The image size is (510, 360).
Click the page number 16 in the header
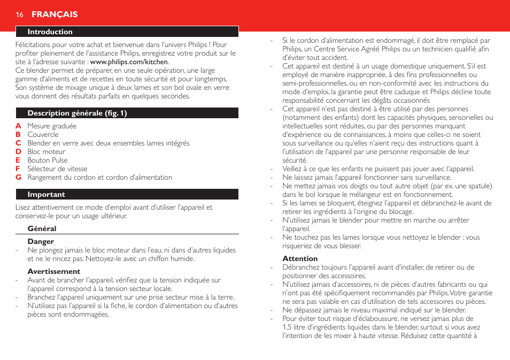pos(20,14)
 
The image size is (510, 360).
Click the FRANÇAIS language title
pos(55,14)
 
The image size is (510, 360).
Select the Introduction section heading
pos(50,32)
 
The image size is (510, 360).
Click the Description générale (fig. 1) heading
pos(77,113)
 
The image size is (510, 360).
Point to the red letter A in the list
pos(18,126)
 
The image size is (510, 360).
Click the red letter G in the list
pos(18,178)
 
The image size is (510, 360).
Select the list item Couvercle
pos(43,135)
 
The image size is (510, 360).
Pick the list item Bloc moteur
pos(47,152)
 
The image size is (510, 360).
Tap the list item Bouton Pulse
pos(48,160)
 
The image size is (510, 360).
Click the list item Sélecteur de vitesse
pos(57,169)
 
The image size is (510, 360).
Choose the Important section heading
pos(46,195)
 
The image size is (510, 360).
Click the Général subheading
pos(42,229)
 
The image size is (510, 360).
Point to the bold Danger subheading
pos(41,242)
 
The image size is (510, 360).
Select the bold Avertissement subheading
pos(53,272)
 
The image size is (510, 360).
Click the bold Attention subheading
pos(300,259)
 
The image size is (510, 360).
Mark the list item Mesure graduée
pos(52,126)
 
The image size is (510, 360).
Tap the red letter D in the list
pos(18,152)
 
